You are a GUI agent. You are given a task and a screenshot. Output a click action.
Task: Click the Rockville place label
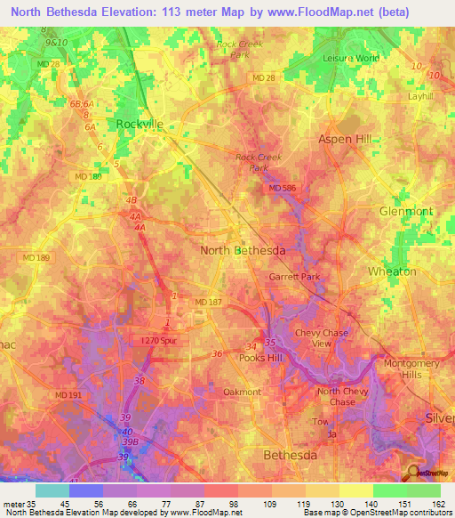point(140,125)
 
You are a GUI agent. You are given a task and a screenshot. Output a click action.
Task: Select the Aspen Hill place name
point(349,140)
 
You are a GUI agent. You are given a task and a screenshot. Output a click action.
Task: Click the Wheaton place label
point(392,271)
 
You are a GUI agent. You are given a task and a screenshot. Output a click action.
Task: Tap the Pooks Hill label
point(266,357)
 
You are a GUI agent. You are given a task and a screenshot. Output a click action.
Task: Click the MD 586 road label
point(282,188)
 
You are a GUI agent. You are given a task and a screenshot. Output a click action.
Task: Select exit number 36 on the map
point(217,354)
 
